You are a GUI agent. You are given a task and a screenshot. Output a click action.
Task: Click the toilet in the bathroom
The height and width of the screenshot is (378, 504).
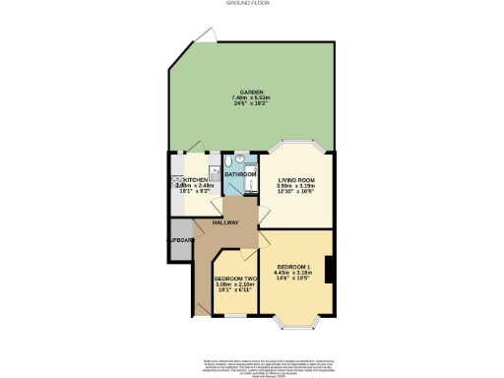[228, 162]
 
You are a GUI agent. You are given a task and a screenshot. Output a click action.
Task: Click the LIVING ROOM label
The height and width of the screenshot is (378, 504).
[295, 180]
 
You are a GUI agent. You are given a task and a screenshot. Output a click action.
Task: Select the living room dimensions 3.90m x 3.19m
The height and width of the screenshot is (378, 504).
[295, 187]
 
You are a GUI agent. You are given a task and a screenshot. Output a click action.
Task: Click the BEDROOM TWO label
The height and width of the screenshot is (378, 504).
[234, 279]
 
